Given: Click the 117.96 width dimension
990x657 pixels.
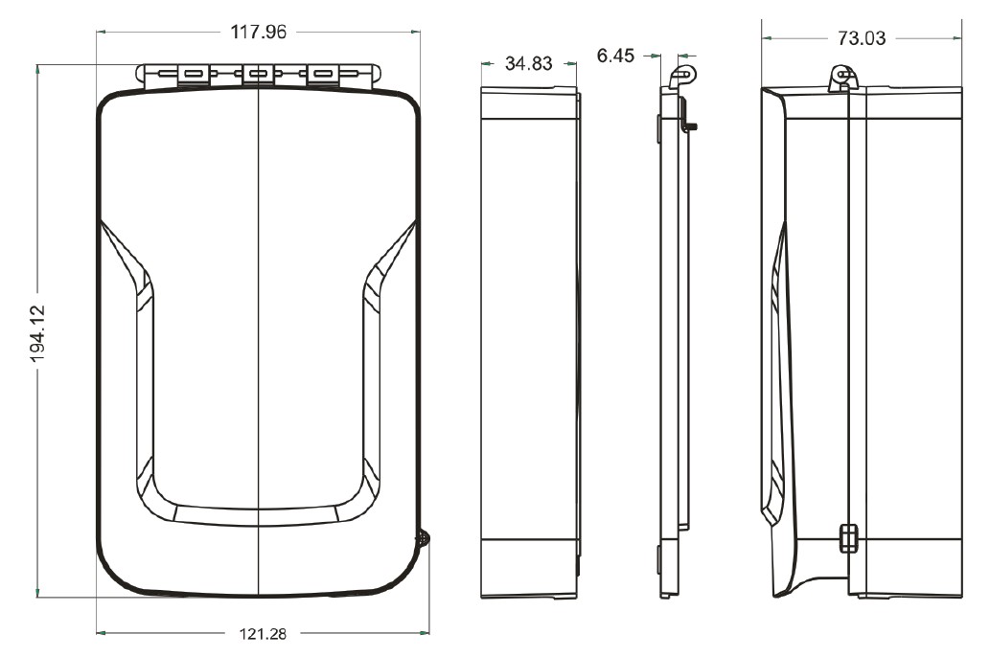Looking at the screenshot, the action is pyautogui.click(x=258, y=32).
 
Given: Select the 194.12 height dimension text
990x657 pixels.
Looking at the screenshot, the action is pyautogui.click(x=38, y=333).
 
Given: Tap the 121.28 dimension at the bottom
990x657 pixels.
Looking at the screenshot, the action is pyautogui.click(x=263, y=633).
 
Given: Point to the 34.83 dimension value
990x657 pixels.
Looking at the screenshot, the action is pyautogui.click(x=528, y=63).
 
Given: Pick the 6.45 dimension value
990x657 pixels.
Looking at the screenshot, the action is pyautogui.click(x=615, y=56).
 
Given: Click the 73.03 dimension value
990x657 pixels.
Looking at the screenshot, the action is pyautogui.click(x=862, y=38).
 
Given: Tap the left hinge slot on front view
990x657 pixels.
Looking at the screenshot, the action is pyautogui.click(x=194, y=75).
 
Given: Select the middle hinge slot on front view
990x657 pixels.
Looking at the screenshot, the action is pyautogui.click(x=258, y=75).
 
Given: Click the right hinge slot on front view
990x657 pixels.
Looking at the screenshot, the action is pyautogui.click(x=323, y=75).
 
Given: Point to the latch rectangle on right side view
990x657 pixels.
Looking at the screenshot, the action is pyautogui.click(x=849, y=538).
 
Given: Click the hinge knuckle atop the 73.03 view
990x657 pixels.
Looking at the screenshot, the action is pyautogui.click(x=842, y=78).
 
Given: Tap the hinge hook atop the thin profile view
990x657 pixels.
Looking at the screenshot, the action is pyautogui.click(x=682, y=75).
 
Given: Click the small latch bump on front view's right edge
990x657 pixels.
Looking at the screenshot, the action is pyautogui.click(x=423, y=538).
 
